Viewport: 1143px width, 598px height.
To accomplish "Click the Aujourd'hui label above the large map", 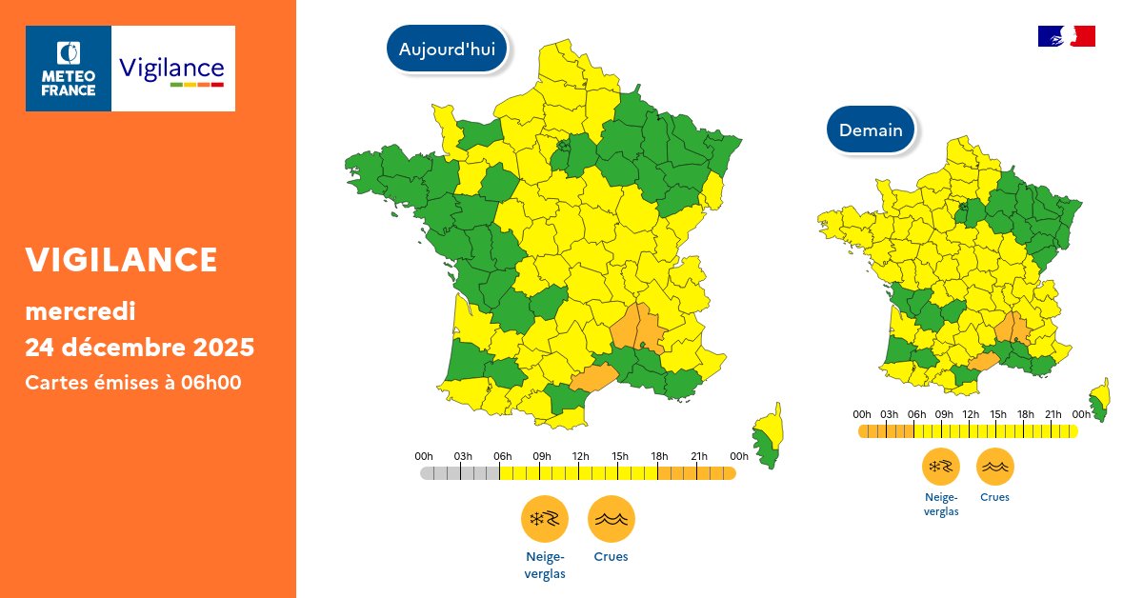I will tap(447, 50).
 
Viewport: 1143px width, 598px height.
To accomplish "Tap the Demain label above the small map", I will tap(871, 130).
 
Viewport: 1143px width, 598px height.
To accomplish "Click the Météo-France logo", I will tap(69, 69).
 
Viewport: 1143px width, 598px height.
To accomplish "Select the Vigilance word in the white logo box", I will tap(171, 68).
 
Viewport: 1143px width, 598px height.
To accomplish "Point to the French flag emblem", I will tap(1066, 36).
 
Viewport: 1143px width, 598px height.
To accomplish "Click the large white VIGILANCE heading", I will tap(122, 259).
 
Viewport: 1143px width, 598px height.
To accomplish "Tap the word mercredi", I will tap(80, 310).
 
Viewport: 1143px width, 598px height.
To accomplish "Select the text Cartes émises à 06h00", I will tap(132, 383).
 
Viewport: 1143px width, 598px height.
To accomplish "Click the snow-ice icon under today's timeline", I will tap(544, 519).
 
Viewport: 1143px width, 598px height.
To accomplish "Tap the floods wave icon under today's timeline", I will tap(611, 519).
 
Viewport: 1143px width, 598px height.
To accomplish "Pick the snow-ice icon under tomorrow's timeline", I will tap(940, 467).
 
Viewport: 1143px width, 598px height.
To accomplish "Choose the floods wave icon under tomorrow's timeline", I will tap(994, 467).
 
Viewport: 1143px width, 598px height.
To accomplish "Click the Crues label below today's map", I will tap(611, 557).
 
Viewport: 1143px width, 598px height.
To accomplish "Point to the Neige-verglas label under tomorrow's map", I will tap(941, 503).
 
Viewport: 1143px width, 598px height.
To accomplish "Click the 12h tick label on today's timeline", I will tap(579, 456).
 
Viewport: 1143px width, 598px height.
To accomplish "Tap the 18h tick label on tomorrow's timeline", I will tap(1026, 414).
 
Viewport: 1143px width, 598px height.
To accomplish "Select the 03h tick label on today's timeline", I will tap(463, 456).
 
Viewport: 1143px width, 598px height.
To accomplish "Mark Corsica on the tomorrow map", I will tap(1100, 400).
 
